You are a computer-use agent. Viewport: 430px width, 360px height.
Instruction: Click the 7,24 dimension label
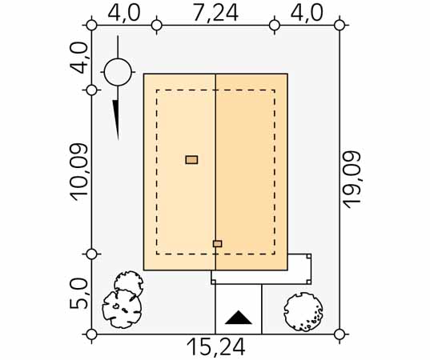(x=215, y=12)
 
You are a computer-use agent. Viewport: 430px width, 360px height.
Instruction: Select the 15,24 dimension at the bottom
(x=216, y=347)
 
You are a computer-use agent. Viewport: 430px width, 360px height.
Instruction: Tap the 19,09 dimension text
(x=352, y=180)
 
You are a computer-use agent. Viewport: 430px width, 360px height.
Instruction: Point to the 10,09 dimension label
(x=79, y=172)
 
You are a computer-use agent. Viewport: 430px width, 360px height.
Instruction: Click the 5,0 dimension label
(x=79, y=294)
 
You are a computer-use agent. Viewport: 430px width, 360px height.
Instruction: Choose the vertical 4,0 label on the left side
(x=79, y=58)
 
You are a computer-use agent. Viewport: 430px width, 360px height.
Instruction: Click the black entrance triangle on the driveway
(x=239, y=318)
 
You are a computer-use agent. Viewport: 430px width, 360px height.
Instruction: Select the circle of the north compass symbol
(x=118, y=72)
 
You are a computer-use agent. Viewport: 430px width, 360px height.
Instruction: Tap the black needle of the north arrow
(x=116, y=120)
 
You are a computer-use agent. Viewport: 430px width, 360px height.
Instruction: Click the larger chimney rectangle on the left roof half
(x=191, y=160)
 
